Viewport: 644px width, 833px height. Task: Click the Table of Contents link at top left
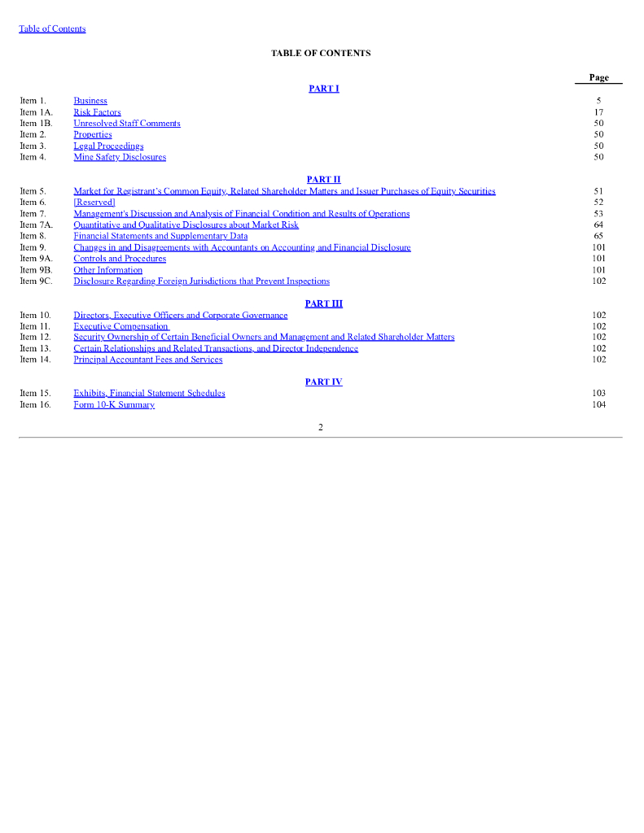[x=52, y=28]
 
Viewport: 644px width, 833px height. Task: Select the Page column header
[x=598, y=77]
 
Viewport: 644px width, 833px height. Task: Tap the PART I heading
[x=323, y=89]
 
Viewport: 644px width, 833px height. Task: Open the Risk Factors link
[x=97, y=112]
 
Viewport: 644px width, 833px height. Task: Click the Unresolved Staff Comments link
[x=127, y=124]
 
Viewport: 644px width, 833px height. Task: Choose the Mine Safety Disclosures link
[x=120, y=157]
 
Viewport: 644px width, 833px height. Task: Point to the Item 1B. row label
[x=35, y=124]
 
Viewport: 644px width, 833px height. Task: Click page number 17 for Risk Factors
[x=598, y=112]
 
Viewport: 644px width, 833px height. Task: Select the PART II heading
[x=323, y=179]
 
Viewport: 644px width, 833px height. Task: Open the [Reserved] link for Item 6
[x=94, y=202]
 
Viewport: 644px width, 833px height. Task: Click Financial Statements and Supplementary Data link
[x=160, y=236]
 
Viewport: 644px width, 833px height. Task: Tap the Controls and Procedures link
[x=120, y=259]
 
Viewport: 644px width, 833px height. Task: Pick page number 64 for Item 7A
[x=598, y=225]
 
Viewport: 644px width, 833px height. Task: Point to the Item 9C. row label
[x=36, y=281]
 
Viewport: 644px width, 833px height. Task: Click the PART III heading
[x=323, y=303]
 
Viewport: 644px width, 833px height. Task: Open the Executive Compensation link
[x=120, y=326]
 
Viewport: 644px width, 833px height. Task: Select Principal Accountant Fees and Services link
[x=147, y=360]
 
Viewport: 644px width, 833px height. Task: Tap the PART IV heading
[x=323, y=382]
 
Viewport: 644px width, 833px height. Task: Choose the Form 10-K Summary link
[x=114, y=404]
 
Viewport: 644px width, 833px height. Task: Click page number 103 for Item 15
[x=598, y=393]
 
